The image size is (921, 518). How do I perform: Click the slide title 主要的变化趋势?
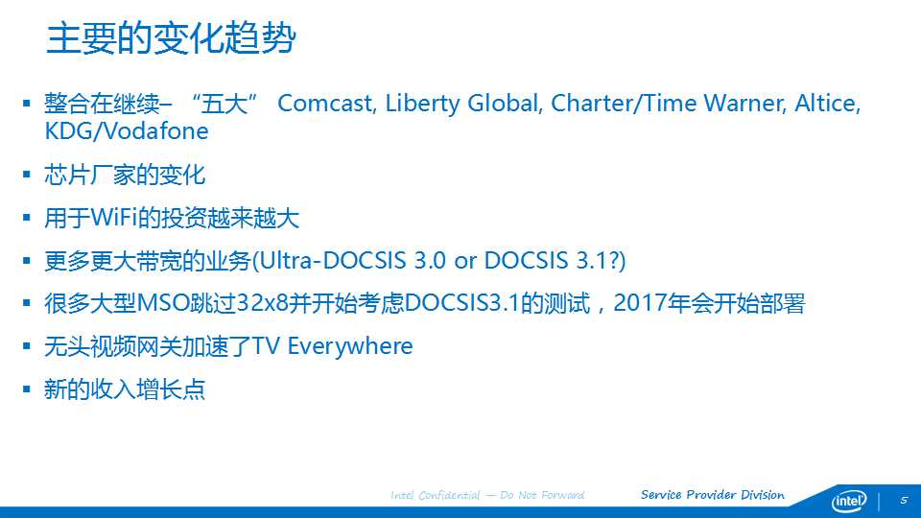click(x=171, y=38)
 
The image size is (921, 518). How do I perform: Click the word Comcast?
click(x=326, y=104)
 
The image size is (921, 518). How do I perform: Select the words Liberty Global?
click(x=462, y=104)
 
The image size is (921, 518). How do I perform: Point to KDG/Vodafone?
click(x=127, y=130)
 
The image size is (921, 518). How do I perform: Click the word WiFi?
click(x=113, y=218)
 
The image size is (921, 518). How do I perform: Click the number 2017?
click(x=636, y=303)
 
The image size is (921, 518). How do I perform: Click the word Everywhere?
click(x=350, y=346)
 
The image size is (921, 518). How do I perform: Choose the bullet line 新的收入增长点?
click(x=125, y=388)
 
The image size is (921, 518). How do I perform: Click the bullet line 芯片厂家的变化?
click(x=125, y=175)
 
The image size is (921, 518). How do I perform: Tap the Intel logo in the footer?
click(x=849, y=501)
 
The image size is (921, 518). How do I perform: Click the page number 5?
click(x=904, y=501)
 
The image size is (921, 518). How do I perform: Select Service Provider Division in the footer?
click(x=713, y=495)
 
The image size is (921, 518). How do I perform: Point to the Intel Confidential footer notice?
click(x=487, y=495)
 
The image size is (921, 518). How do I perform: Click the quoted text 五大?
click(x=224, y=104)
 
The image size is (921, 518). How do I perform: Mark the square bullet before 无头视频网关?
click(x=27, y=346)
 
